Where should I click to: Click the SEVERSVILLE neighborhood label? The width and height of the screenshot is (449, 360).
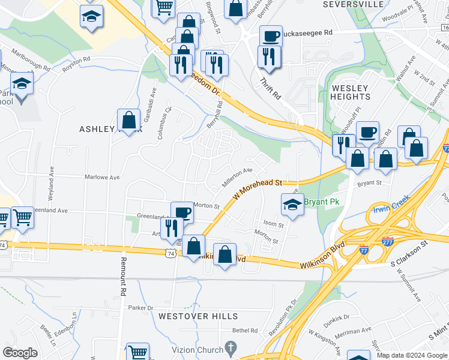[x=353, y=4]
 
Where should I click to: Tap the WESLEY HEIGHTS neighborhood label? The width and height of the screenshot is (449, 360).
[x=350, y=92]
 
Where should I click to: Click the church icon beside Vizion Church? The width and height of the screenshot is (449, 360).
[x=229, y=348]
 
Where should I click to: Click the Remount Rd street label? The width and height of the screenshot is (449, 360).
[x=123, y=277]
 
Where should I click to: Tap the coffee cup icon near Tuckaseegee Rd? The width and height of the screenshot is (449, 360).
[x=271, y=36]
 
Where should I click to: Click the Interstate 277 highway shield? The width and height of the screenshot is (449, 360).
[x=388, y=242]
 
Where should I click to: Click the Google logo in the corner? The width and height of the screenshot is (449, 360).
[x=20, y=353]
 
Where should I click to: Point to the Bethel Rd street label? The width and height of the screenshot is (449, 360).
[x=245, y=331]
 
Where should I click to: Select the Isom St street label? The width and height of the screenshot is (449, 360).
[x=273, y=224]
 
